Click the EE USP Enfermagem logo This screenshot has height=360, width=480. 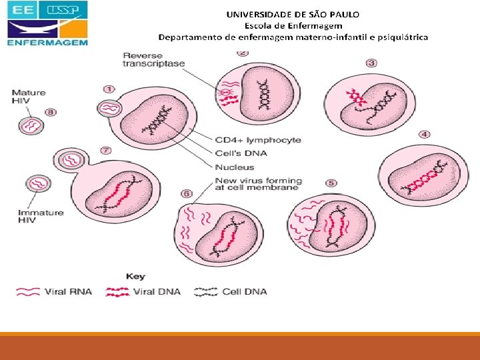[47, 24]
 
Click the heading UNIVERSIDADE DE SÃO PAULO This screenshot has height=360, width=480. [293, 14]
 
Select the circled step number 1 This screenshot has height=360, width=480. [109, 88]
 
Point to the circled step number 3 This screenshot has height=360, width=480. [371, 63]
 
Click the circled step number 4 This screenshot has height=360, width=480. [425, 135]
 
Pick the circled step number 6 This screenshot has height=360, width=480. [187, 193]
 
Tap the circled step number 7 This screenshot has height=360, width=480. [105, 151]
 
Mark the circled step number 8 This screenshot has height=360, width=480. [51, 113]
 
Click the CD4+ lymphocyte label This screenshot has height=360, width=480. [257, 140]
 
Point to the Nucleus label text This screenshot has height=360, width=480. [235, 167]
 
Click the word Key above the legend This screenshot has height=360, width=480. [135, 277]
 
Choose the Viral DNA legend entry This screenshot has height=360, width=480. [157, 291]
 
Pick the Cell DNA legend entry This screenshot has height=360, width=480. [244, 291]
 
